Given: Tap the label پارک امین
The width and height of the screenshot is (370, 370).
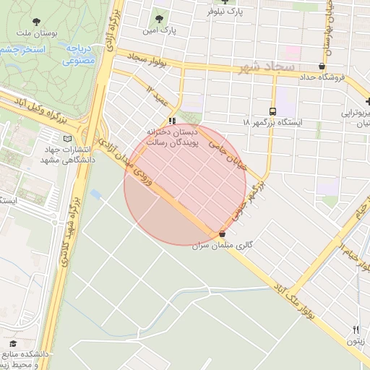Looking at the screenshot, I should click(159, 30).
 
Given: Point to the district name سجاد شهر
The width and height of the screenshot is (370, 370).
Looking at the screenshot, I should click(264, 68).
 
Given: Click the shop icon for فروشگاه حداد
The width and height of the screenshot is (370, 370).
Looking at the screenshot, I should click(321, 66).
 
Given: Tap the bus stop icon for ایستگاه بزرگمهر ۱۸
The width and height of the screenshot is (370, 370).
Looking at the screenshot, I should click(272, 111).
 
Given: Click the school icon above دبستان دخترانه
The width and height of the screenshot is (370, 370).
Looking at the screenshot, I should click(172, 120).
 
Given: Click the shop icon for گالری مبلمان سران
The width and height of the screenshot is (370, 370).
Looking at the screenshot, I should click(222, 234).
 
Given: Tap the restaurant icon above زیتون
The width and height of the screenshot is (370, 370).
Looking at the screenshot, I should click(356, 330).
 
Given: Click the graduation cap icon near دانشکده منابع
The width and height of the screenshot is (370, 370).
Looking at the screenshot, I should click(12, 343).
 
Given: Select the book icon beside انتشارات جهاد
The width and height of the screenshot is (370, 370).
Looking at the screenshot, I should click(68, 138).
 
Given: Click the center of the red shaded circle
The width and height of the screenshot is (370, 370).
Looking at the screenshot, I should click(186, 184).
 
